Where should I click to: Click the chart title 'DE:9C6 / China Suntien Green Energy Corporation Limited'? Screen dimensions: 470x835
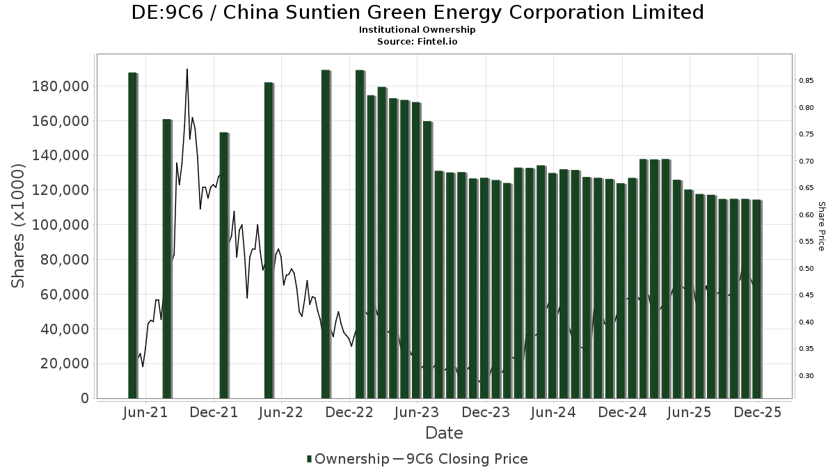click(x=417, y=13)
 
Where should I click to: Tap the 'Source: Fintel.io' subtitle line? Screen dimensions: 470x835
click(x=417, y=41)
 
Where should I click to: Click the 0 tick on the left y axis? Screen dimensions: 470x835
click(x=85, y=398)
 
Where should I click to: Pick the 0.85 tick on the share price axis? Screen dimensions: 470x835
click(x=806, y=81)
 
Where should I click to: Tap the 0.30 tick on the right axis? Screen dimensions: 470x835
click(x=806, y=376)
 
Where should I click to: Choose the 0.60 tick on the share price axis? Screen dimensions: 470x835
click(x=806, y=215)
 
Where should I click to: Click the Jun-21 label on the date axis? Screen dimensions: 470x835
click(x=145, y=413)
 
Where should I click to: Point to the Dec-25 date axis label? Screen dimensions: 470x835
click(x=757, y=413)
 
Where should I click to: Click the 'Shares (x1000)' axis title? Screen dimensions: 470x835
click(x=19, y=226)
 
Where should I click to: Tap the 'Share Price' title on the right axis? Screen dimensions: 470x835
click(x=821, y=226)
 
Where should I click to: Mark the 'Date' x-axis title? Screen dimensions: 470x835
click(x=444, y=433)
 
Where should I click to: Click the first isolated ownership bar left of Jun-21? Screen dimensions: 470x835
click(x=132, y=235)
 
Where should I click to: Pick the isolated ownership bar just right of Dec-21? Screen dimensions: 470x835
click(x=223, y=265)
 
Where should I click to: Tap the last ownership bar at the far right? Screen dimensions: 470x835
click(x=756, y=299)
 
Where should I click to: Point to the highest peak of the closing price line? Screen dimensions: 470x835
click(x=187, y=70)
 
